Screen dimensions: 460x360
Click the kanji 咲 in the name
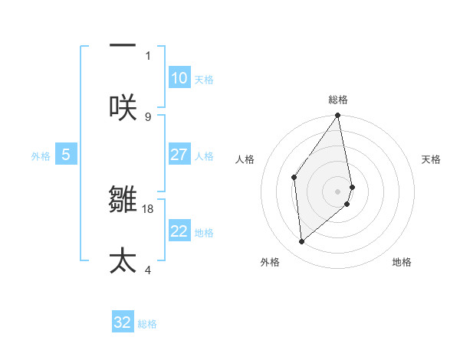coord(123,106)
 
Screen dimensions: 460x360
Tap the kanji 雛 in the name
coord(123,199)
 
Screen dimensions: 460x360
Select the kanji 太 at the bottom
coord(123,260)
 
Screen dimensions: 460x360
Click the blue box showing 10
coord(179,78)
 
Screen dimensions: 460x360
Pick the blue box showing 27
coord(179,155)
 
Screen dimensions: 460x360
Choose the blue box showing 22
coord(179,231)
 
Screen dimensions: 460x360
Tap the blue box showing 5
coord(66,155)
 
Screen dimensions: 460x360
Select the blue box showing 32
coord(123,322)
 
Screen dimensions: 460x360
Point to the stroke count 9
coord(148,116)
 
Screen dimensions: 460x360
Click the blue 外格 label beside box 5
coord(41,156)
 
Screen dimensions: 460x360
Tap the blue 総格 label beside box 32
coord(147,324)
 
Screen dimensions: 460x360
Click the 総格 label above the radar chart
coord(338,100)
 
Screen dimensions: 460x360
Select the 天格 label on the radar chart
coord(431,159)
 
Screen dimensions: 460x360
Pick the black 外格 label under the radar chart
coord(270,262)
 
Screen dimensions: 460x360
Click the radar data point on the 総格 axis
coord(338,116)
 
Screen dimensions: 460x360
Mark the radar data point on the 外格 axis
coord(302,241)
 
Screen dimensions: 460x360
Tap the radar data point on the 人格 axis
coord(294,178)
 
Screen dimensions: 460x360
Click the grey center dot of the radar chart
coord(338,191)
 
